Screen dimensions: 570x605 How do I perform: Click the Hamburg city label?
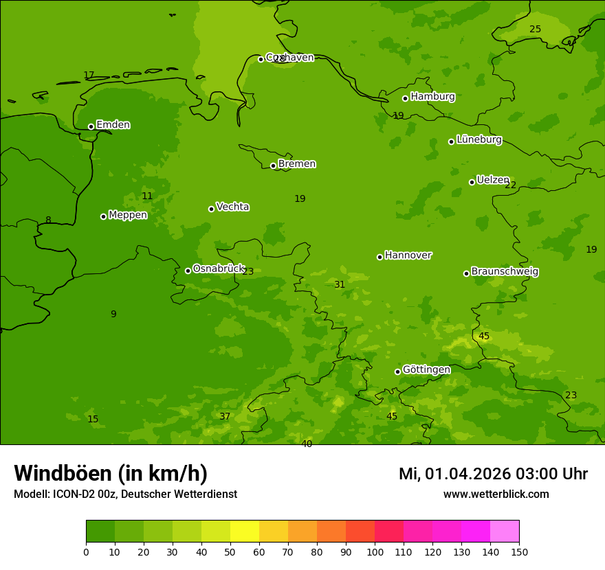(432, 97)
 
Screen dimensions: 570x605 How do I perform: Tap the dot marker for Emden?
(91, 126)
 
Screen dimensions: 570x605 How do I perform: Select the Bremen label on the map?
(296, 164)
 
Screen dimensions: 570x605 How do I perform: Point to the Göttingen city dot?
(397, 372)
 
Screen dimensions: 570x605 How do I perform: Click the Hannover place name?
(408, 255)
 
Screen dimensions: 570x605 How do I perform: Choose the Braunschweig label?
(505, 272)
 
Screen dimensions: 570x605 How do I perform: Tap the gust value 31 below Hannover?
(340, 284)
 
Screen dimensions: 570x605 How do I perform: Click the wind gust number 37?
(225, 416)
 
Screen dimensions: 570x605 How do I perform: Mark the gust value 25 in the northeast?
(535, 29)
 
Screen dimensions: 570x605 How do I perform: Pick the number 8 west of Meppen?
(48, 220)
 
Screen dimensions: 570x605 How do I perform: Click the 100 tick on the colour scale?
(375, 551)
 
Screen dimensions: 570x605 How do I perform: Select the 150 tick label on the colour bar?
(519, 551)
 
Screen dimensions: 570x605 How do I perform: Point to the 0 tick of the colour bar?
(86, 551)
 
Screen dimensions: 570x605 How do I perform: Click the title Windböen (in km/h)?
(111, 473)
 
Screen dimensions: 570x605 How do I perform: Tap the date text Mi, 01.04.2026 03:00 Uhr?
(493, 474)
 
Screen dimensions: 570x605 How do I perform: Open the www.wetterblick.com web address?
(496, 494)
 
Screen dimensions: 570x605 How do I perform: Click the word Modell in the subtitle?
(31, 494)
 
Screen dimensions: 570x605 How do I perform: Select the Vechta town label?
(232, 207)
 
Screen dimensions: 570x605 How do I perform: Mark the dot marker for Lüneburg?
(451, 141)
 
